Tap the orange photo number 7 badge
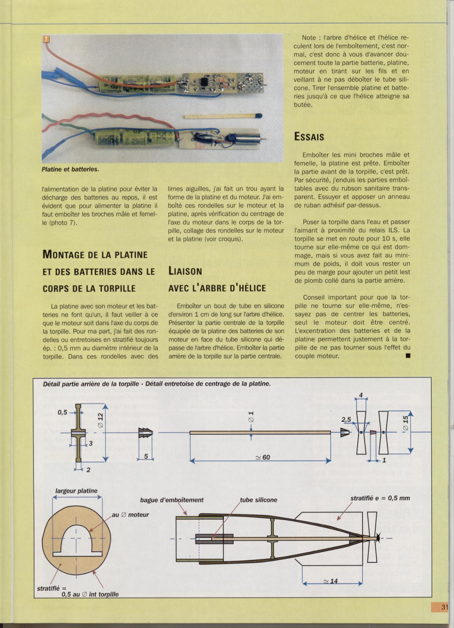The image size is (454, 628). (x=46, y=39)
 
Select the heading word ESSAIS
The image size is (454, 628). (x=309, y=137)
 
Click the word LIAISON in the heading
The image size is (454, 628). (x=185, y=271)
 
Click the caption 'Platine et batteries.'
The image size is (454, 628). (x=71, y=169)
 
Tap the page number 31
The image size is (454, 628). (x=444, y=607)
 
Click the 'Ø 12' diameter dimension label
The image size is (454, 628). (x=100, y=420)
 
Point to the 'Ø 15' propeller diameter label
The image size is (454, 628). (x=406, y=423)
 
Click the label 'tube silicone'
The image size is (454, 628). (x=259, y=500)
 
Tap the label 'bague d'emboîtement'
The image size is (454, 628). (x=172, y=500)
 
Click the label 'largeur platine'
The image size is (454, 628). (x=76, y=491)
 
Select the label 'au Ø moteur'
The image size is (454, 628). (x=130, y=515)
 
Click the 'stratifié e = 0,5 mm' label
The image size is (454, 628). (x=380, y=498)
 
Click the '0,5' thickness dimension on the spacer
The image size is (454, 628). (x=62, y=412)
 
